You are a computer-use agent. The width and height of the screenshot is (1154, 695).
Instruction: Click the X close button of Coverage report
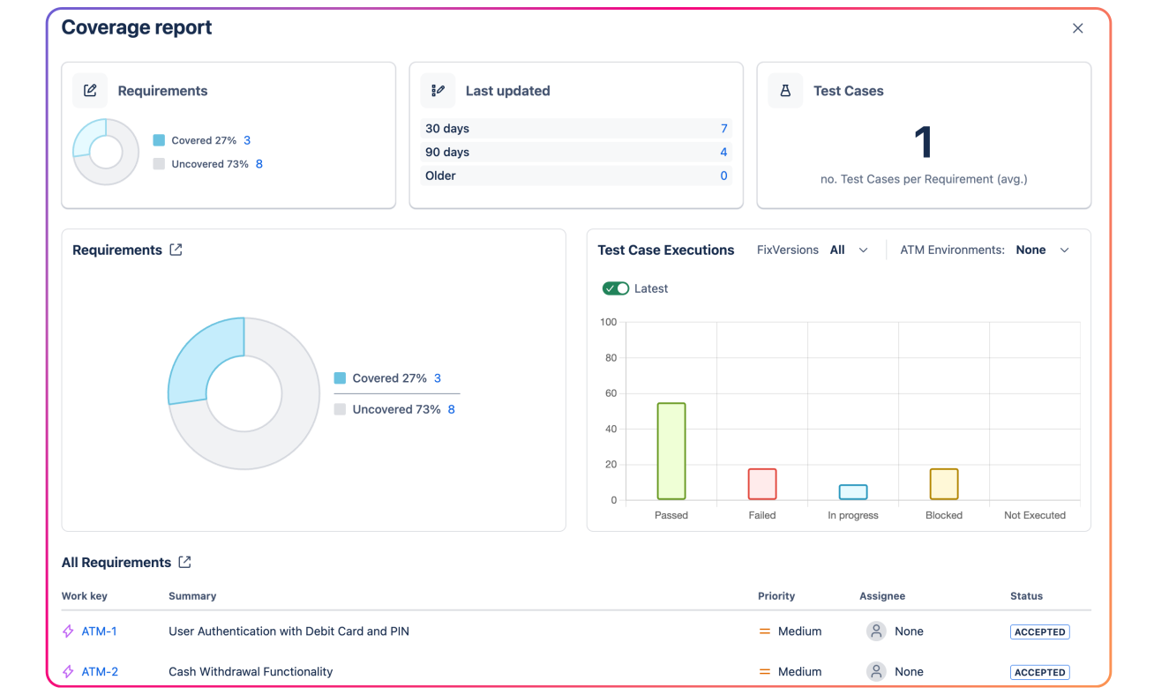(1077, 28)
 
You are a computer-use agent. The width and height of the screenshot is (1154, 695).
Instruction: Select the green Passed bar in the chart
(671, 452)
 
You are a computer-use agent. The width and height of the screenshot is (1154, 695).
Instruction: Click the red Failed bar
(762, 484)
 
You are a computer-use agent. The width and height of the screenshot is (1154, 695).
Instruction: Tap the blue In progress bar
(853, 492)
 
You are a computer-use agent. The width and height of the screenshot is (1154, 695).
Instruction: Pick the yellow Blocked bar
(944, 484)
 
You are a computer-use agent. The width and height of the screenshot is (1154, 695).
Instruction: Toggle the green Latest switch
(616, 288)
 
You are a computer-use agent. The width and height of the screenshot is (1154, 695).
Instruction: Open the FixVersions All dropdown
(849, 250)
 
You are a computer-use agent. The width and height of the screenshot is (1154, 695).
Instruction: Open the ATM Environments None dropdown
(1042, 250)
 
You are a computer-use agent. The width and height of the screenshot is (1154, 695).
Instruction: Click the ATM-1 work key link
(99, 631)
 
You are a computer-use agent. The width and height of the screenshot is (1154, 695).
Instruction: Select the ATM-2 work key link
(100, 672)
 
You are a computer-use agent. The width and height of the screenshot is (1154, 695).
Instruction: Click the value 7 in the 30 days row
(723, 129)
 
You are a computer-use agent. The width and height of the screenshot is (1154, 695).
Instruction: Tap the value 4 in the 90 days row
(723, 153)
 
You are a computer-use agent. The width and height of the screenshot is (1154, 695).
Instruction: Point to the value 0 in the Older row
(723, 176)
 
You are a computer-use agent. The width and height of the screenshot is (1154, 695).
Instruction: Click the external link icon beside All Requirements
(184, 562)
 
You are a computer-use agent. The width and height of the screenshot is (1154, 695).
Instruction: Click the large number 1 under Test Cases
(923, 142)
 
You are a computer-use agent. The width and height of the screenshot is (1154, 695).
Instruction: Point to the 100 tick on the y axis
(608, 322)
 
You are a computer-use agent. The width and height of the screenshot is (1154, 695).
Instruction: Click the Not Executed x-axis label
(1034, 515)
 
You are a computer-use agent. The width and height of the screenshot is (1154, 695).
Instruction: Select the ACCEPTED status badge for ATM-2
(1039, 672)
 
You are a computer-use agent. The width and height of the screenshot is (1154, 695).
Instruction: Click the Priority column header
(776, 596)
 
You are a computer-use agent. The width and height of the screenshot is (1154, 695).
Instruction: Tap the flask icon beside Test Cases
(785, 91)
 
